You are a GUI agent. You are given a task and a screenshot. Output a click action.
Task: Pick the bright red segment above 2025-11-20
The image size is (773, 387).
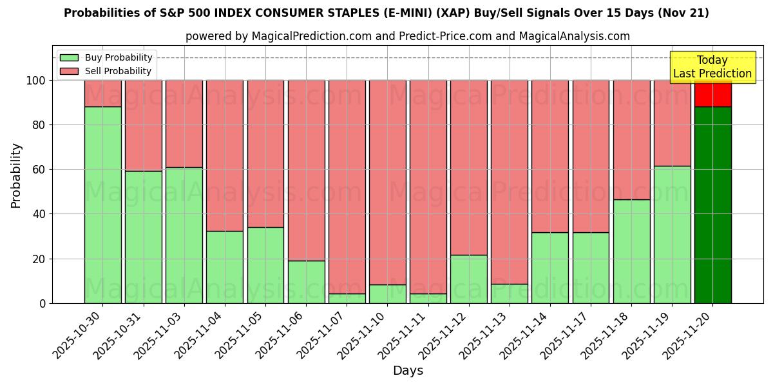(x=712, y=94)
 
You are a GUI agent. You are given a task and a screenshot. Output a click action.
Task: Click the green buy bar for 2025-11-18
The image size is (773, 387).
(x=631, y=251)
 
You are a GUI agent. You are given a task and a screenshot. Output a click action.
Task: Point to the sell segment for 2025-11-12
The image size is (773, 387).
(x=469, y=168)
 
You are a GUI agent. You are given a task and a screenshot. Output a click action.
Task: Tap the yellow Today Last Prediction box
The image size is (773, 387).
(x=712, y=67)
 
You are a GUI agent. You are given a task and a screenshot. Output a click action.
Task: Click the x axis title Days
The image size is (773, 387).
(x=408, y=371)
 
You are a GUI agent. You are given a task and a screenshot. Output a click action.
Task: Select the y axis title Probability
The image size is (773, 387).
(x=16, y=175)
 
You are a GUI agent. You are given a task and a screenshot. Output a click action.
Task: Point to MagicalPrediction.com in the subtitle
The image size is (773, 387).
(x=311, y=36)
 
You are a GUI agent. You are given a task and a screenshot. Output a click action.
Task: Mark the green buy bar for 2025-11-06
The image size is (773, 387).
(x=307, y=282)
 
